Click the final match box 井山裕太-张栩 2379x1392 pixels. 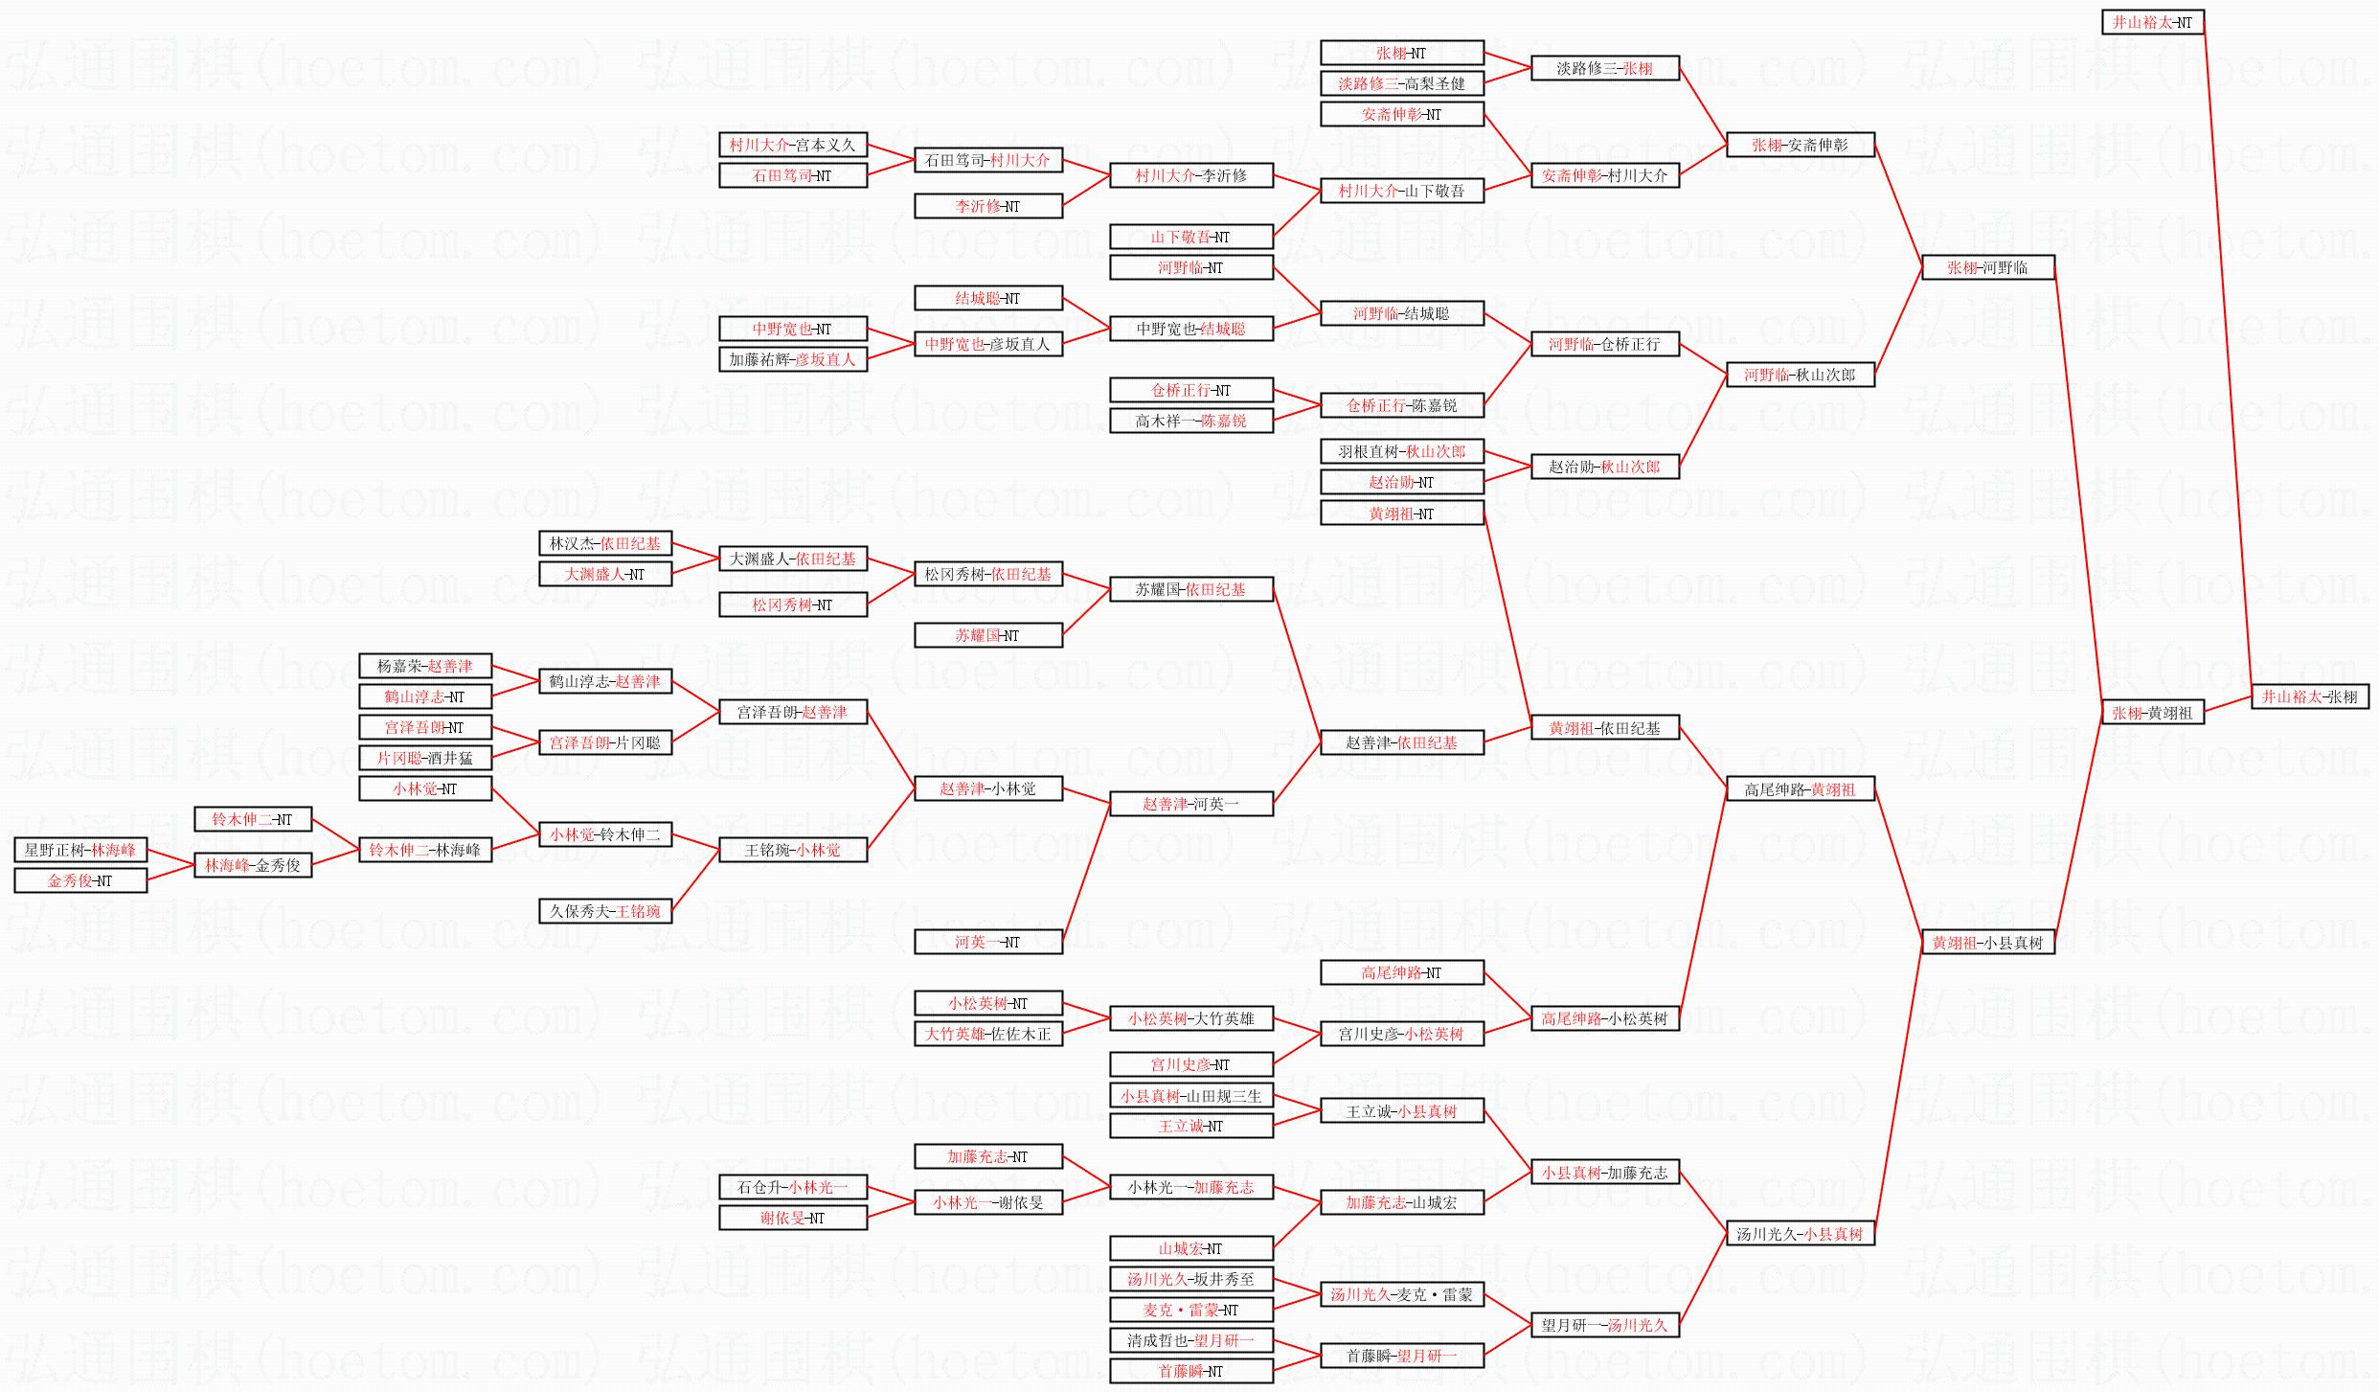click(x=2309, y=696)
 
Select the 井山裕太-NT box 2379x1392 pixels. click(x=2152, y=22)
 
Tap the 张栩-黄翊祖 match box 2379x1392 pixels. click(x=2152, y=713)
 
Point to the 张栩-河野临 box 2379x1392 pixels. click(x=1987, y=268)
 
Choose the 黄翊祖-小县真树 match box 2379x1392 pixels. click(x=1987, y=943)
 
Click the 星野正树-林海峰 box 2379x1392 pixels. click(x=80, y=850)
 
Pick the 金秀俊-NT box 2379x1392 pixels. click(x=80, y=880)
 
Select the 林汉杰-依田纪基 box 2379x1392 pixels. click(x=604, y=543)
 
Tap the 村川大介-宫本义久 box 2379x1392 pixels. click(x=792, y=145)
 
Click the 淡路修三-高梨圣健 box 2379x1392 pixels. click(x=1401, y=83)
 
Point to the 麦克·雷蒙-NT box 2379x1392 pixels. click(x=1190, y=1310)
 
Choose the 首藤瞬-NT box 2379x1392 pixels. click(x=1190, y=1371)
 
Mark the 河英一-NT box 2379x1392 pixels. click(x=987, y=942)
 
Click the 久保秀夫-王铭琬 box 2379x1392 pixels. click(x=604, y=911)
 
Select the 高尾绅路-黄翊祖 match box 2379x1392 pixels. click(x=1800, y=789)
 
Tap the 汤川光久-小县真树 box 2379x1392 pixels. click(x=1800, y=1234)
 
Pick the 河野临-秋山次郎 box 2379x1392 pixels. click(x=1800, y=375)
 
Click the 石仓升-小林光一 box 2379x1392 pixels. click(x=792, y=1187)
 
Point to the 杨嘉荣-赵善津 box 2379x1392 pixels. click(x=423, y=666)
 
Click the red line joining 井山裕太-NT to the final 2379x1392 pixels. click(x=2227, y=354)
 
